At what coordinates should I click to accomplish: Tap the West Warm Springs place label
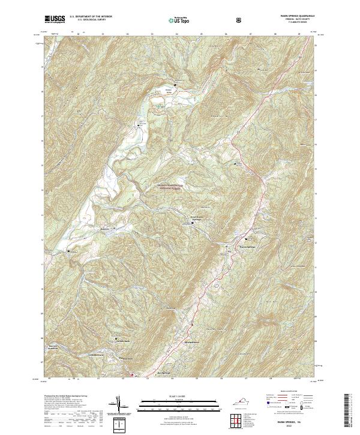(x=199, y=218)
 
